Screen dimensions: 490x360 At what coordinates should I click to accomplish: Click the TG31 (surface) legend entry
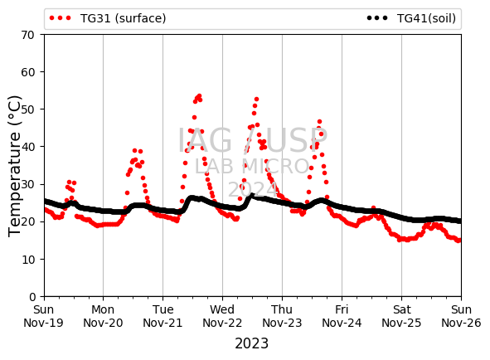pos(108,18)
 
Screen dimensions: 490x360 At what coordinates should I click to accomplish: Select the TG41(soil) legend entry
pos(411,18)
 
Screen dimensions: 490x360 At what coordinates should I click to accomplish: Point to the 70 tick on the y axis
pos(28,35)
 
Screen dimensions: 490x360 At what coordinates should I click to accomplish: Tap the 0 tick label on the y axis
pos(32,296)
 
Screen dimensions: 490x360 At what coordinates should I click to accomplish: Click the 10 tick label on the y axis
pos(28,260)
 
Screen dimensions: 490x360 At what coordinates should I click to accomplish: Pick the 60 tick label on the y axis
pos(28,72)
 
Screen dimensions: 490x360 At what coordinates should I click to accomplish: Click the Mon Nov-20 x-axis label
pos(103,316)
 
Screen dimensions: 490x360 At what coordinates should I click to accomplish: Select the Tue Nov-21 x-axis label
pos(163,316)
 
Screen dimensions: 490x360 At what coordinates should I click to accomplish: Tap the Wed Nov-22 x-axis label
pos(222,316)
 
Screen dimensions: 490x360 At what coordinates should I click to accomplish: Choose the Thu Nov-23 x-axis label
pos(282,316)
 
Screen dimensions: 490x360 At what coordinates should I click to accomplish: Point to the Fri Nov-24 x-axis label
pos(342,316)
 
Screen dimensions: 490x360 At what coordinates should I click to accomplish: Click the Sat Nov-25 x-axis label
pos(401,316)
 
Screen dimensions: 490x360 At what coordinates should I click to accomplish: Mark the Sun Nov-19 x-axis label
pos(43,316)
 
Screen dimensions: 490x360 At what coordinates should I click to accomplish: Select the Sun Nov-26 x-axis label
pos(461,316)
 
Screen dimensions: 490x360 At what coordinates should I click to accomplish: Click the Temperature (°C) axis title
pos(14,166)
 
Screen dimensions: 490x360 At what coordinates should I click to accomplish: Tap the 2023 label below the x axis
pos(251,343)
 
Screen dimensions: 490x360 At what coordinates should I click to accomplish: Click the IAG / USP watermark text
pos(253,140)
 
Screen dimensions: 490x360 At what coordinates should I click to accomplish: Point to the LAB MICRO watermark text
pos(252,166)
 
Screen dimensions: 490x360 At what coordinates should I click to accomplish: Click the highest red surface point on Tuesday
pos(199,95)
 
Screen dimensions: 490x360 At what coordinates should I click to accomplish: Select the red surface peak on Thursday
pos(319,122)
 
